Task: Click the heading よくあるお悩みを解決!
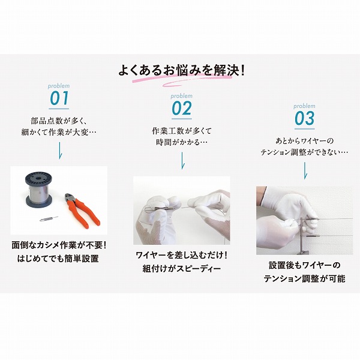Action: click(x=181, y=70)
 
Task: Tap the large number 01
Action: click(x=59, y=98)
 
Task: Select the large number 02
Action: click(x=181, y=109)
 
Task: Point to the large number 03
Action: click(x=304, y=118)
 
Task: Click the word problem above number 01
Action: click(x=59, y=86)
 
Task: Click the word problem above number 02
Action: click(x=181, y=96)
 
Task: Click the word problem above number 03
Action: click(x=304, y=106)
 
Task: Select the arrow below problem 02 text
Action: click(x=181, y=160)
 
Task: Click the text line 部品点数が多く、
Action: click(x=59, y=119)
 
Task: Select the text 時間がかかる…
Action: click(x=181, y=142)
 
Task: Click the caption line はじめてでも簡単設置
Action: click(x=59, y=259)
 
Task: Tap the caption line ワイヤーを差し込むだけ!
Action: click(x=181, y=256)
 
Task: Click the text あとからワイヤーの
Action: click(x=304, y=140)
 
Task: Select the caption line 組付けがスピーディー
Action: click(x=181, y=269)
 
